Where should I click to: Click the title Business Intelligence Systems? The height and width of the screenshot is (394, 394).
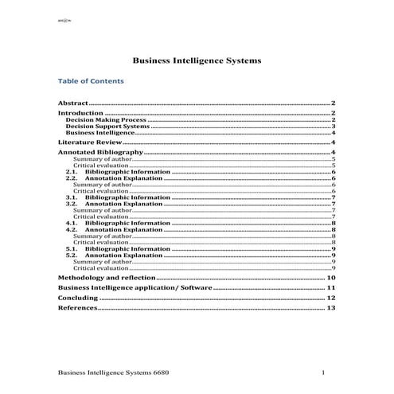tap(197, 60)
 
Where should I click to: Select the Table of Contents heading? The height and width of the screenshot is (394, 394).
tap(92, 81)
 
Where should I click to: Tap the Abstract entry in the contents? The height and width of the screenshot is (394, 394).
tap(73, 103)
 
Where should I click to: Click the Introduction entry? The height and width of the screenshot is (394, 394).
tap(81, 114)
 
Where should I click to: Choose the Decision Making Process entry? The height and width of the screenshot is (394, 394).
tap(100, 120)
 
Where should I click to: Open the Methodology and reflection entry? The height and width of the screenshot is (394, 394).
tap(107, 277)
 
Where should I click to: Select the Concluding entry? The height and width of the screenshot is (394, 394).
tap(78, 298)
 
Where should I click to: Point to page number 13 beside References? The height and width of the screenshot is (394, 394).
tap(331, 308)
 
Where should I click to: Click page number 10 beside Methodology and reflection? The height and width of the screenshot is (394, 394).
tap(331, 277)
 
